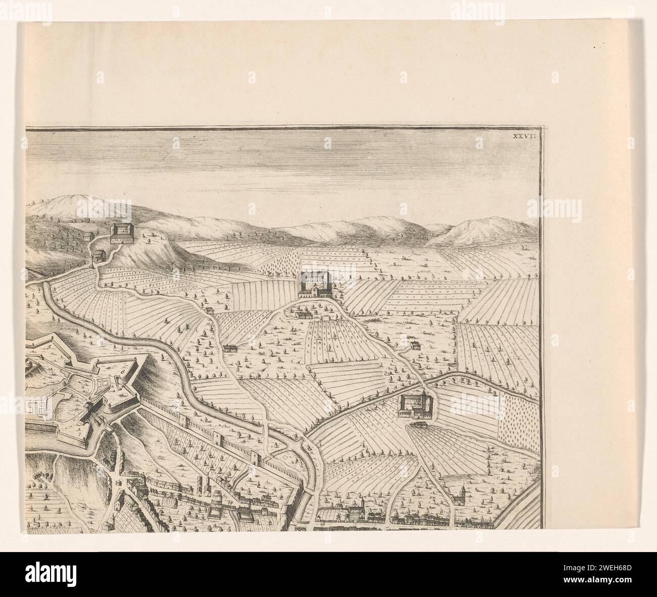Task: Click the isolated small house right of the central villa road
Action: point(415,346)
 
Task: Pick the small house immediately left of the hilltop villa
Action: point(88,236)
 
